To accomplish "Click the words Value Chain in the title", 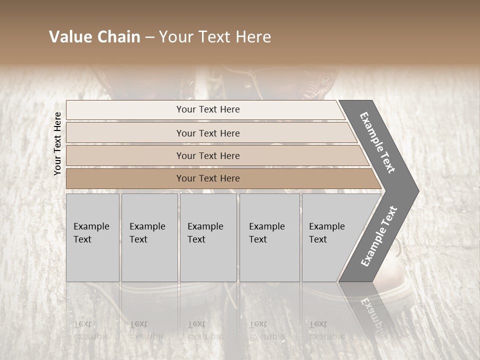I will [94, 37].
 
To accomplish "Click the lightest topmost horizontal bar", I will [125, 110].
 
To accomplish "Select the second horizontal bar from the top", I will [125, 133].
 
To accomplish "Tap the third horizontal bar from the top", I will [125, 155].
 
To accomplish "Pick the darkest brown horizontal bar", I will [125, 178].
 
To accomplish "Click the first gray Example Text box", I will [92, 260].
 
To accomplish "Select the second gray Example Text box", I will [149, 260].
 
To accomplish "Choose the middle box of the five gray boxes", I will [208, 260].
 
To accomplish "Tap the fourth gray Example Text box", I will [269, 260].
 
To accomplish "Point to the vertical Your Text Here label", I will [57, 143].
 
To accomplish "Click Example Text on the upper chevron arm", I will [377, 142].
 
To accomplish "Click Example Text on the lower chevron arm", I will [378, 236].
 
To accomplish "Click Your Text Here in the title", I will [215, 37].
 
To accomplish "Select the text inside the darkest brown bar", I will [208, 178].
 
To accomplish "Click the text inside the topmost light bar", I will [208, 109].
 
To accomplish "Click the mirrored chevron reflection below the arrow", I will [370, 310].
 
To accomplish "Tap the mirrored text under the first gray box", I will [91, 330].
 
